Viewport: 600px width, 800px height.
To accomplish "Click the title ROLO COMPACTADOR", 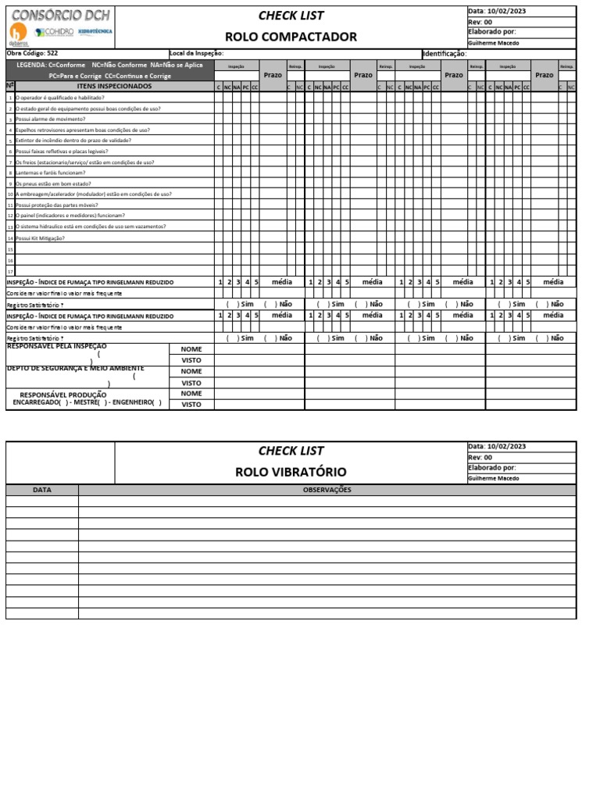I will (x=291, y=37).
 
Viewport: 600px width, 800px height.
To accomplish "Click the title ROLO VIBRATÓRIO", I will (x=291, y=472).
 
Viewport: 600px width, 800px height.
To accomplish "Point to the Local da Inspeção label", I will (x=196, y=53).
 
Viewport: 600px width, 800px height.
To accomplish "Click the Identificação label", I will (x=445, y=53).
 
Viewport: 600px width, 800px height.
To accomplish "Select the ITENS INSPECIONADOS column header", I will (x=114, y=86).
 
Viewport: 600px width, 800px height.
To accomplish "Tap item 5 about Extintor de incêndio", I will (x=73, y=141).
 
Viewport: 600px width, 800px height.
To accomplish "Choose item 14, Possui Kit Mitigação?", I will (x=40, y=237).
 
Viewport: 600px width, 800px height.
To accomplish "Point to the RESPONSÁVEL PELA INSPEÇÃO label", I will (x=57, y=345).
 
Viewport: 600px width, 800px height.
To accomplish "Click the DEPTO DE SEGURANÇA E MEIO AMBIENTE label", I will (x=75, y=368).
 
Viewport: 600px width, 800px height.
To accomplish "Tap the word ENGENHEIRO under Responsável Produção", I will (x=133, y=403).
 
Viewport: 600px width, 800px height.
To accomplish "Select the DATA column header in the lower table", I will (x=42, y=490).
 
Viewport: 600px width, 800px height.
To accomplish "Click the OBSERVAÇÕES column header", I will (x=327, y=490).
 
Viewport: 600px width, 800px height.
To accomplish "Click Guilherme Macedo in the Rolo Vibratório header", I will (x=493, y=478).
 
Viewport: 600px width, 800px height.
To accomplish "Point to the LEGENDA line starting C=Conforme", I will (x=109, y=65).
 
